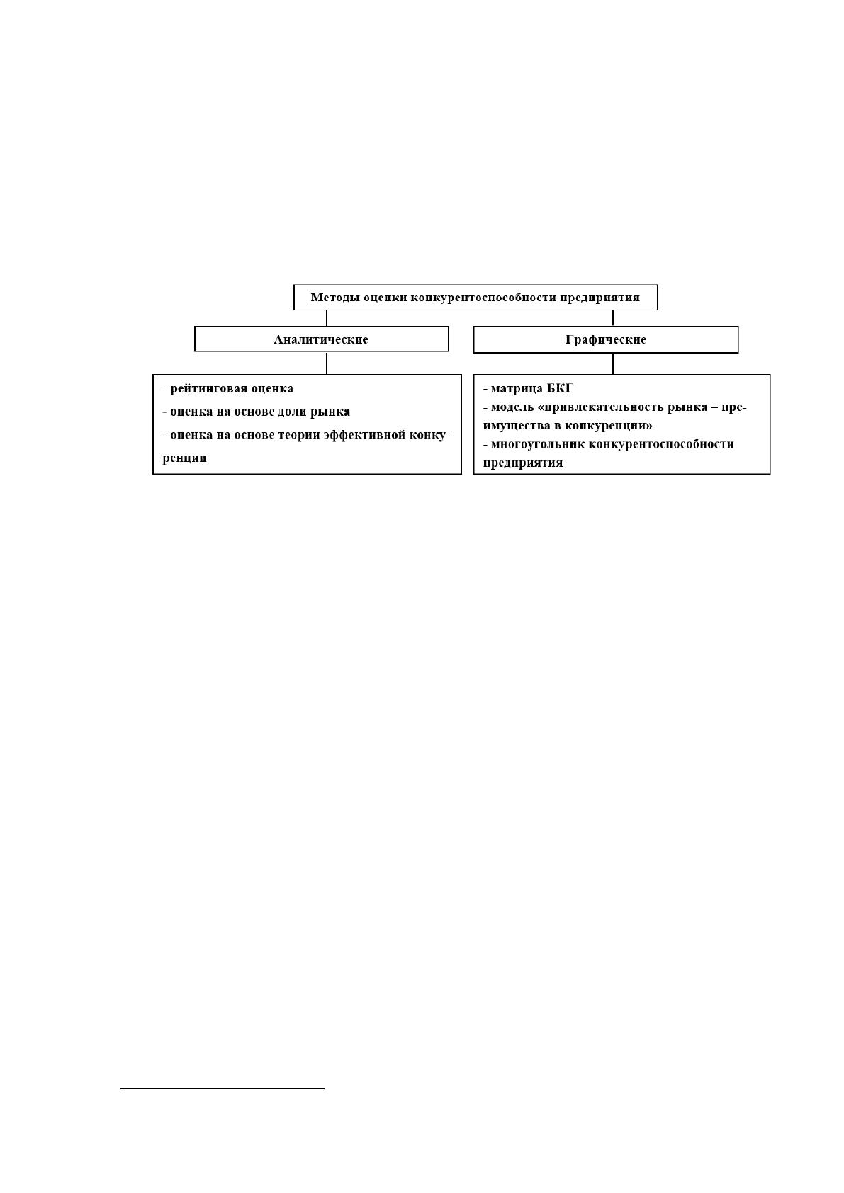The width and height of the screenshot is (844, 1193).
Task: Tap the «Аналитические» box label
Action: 321,340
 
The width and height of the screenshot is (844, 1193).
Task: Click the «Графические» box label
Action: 606,340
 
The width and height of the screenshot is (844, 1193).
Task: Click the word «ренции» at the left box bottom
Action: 184,458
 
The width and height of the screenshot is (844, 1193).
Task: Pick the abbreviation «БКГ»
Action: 559,389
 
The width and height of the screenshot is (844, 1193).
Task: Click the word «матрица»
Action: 517,389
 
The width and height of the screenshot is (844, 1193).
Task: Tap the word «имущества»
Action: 517,426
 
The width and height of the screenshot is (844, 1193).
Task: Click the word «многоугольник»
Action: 538,444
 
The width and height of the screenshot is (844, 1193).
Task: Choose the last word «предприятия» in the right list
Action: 523,463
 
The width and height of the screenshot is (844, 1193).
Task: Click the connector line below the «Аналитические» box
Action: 327,363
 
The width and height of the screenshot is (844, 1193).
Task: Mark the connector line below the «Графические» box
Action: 613,363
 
